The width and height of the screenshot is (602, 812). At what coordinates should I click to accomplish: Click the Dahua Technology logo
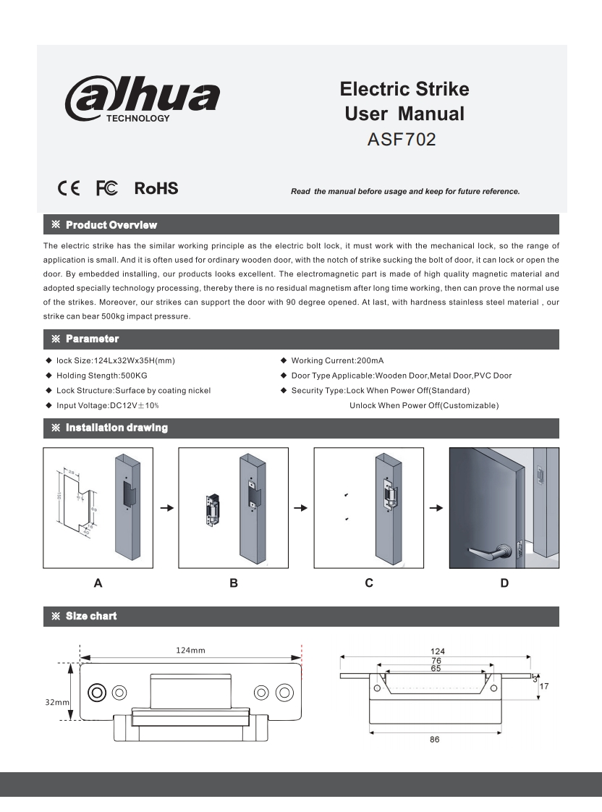pyautogui.click(x=143, y=101)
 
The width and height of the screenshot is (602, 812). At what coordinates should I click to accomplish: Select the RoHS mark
pyautogui.click(x=156, y=189)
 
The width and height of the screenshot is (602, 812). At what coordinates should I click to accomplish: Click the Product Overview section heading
pyautogui.click(x=110, y=225)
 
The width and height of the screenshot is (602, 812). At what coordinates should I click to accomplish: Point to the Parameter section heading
pyautogui.click(x=91, y=339)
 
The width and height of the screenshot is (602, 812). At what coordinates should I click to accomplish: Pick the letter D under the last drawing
pyautogui.click(x=504, y=582)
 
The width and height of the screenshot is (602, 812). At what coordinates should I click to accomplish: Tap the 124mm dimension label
pyautogui.click(x=190, y=651)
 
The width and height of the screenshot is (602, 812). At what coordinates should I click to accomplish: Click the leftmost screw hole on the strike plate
pyautogui.click(x=96, y=692)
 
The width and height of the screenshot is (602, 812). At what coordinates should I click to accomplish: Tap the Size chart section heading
pyautogui.click(x=90, y=616)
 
